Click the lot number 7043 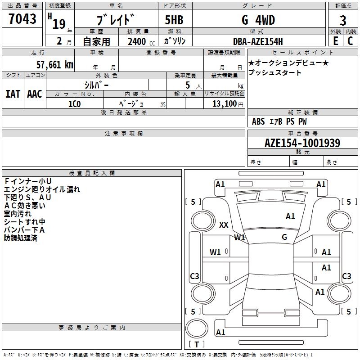click(x=22, y=19)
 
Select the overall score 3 click(x=343, y=21)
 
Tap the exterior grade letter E click(x=336, y=40)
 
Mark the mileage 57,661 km click(x=54, y=64)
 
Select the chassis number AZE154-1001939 click(x=302, y=143)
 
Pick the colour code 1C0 click(x=74, y=103)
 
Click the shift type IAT click(x=13, y=94)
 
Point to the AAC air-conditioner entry click(x=35, y=94)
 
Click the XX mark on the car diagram click(x=224, y=225)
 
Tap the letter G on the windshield click(x=284, y=237)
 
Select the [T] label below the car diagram click(x=196, y=344)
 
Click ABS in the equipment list click(x=258, y=121)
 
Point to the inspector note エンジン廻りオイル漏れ click(x=42, y=189)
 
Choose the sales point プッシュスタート click(x=275, y=72)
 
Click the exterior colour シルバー click(x=97, y=85)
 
